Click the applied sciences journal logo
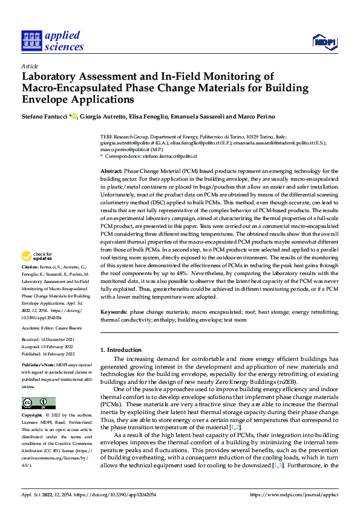[x=52, y=40]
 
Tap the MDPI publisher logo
[x=324, y=41]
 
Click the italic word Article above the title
[x=30, y=66]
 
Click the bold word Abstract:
[x=112, y=172]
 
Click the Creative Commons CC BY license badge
[x=39, y=403]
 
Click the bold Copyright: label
[x=33, y=417]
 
